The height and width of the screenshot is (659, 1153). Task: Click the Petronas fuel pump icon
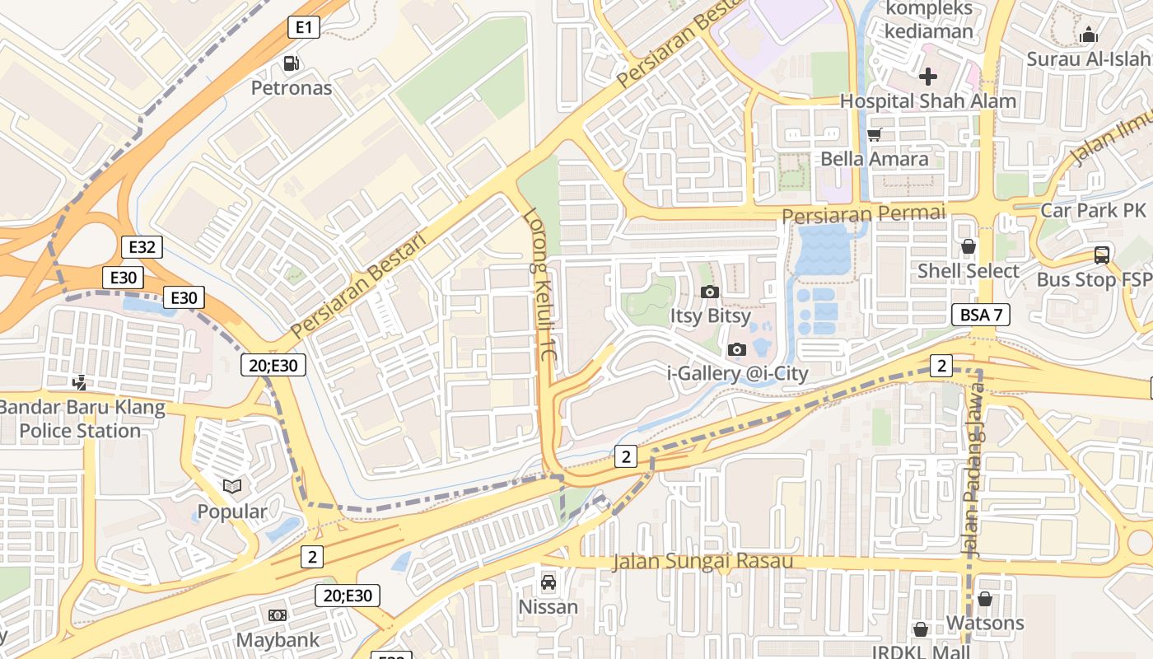[291, 63]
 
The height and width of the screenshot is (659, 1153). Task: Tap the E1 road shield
[304, 28]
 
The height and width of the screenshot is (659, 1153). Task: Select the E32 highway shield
[142, 247]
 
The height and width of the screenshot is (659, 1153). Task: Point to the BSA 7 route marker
[981, 314]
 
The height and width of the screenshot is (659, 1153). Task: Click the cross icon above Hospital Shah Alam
[928, 77]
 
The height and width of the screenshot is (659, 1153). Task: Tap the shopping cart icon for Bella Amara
[874, 134]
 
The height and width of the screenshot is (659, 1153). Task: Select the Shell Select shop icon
[969, 246]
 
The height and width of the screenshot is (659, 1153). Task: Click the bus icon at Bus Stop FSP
[1101, 255]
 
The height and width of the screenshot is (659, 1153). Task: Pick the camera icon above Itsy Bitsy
[709, 292]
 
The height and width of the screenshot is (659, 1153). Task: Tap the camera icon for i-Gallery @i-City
[737, 349]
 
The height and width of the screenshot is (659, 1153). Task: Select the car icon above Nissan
[548, 582]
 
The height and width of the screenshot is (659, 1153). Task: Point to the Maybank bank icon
[278, 615]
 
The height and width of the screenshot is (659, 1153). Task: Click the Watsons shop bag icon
[984, 599]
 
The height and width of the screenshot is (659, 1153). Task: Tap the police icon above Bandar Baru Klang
[80, 382]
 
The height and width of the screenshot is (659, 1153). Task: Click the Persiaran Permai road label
[863, 214]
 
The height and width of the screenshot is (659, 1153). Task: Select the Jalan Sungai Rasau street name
[703, 562]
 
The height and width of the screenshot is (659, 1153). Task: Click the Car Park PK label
[1093, 210]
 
